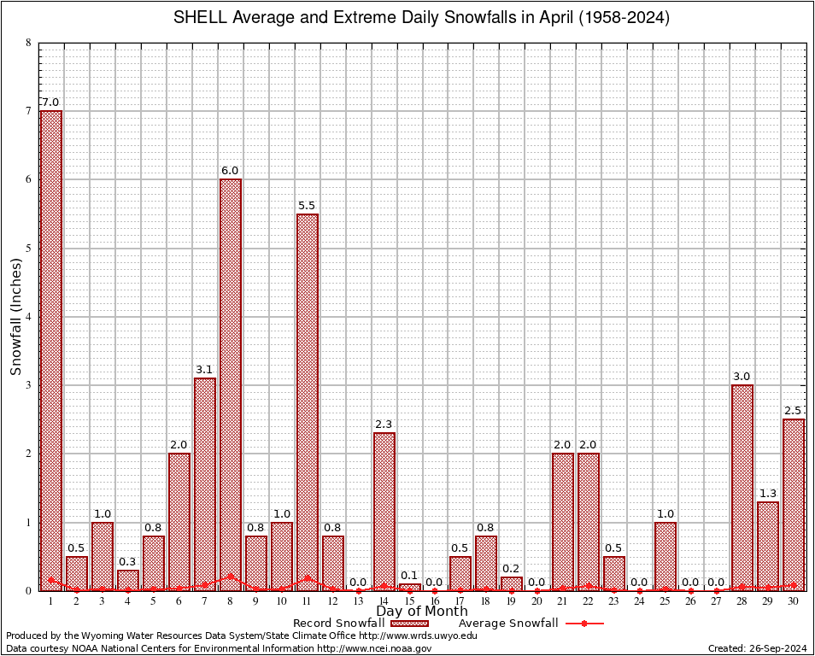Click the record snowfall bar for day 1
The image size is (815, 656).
click(x=51, y=350)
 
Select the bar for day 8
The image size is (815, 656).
click(x=231, y=384)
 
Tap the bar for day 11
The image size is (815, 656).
click(x=308, y=401)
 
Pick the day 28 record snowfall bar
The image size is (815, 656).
click(x=742, y=487)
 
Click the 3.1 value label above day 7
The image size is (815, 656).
click(x=205, y=369)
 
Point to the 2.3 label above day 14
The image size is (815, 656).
click(x=384, y=424)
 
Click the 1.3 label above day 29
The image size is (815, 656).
click(x=768, y=493)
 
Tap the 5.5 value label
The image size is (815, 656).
click(x=308, y=205)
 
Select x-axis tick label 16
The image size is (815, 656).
click(x=435, y=602)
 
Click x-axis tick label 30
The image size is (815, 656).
click(x=794, y=602)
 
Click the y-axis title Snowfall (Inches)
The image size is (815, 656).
click(x=16, y=316)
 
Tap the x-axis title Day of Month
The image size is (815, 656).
click(x=422, y=612)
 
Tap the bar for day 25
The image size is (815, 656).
click(x=665, y=556)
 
